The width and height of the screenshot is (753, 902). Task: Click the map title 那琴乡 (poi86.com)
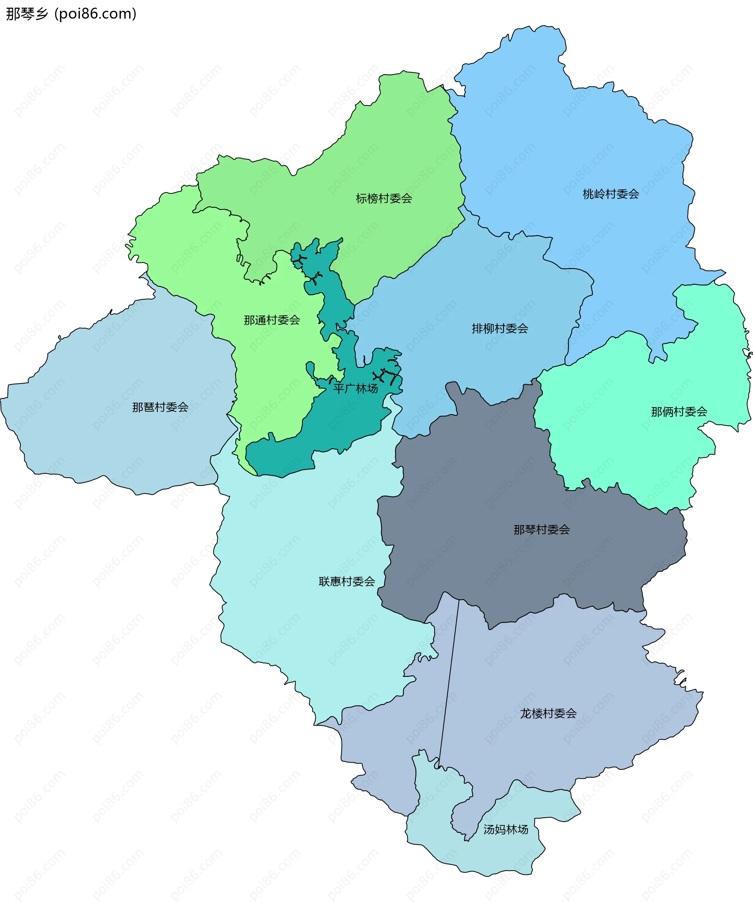point(71,14)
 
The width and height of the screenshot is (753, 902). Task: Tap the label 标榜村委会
point(384,198)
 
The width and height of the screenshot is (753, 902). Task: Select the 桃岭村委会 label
point(610,194)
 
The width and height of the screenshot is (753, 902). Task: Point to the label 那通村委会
point(271,320)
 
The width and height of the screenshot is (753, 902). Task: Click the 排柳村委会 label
point(500,329)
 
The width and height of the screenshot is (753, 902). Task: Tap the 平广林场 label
point(355,389)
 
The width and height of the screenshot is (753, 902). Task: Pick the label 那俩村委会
point(679,412)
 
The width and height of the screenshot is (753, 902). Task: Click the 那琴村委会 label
point(541,529)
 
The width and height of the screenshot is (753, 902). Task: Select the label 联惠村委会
point(346,582)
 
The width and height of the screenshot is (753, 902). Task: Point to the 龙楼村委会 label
point(548,713)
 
